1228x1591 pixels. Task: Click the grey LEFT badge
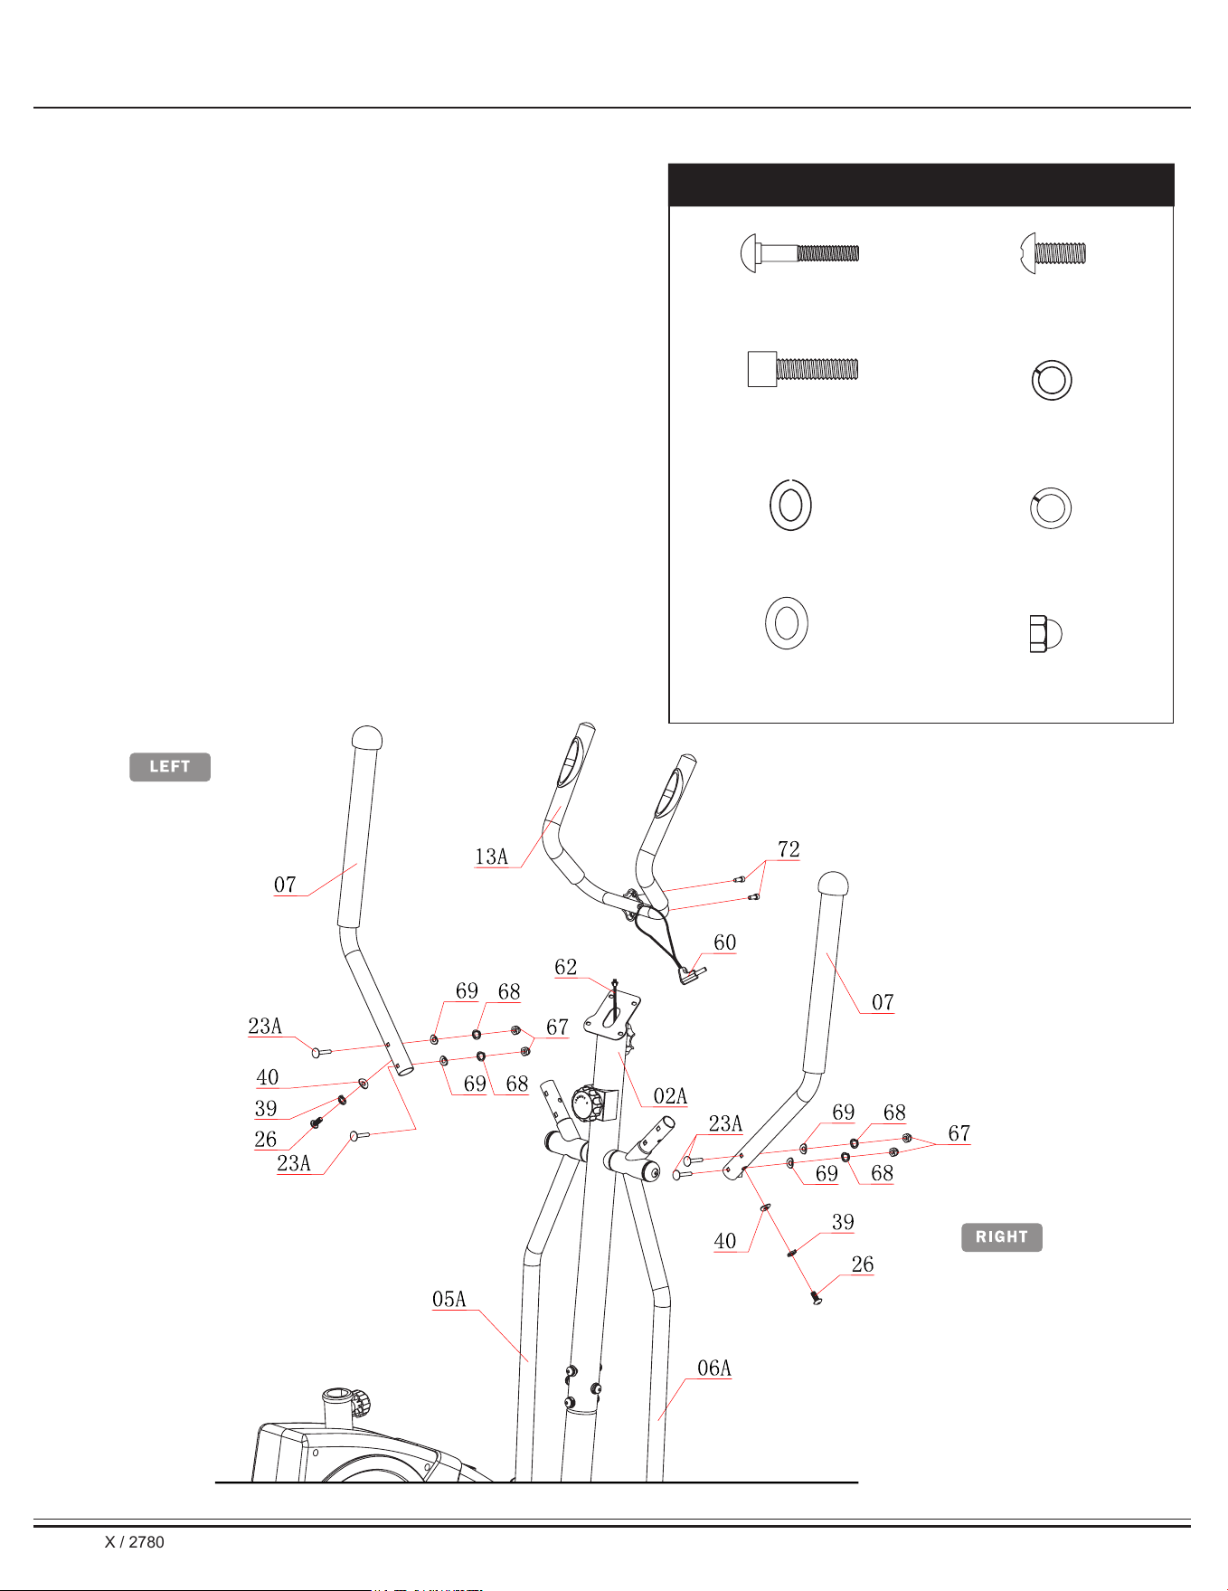170,767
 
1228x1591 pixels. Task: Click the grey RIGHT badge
1002,1237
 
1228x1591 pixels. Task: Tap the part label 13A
492,857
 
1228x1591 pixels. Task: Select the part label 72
789,848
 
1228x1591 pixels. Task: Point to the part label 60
725,942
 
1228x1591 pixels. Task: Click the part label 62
566,967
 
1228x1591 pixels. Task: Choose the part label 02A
670,1096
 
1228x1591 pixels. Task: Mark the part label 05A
449,1300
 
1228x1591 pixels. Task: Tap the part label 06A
714,1368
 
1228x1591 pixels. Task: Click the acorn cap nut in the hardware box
1045,634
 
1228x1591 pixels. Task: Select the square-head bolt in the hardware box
803,369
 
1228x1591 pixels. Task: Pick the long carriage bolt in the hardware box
799,253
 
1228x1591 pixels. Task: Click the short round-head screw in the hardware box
1053,252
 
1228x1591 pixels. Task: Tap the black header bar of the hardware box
921,185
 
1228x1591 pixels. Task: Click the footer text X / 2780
135,1542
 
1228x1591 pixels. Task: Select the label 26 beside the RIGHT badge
863,1264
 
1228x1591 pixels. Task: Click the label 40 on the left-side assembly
268,1077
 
